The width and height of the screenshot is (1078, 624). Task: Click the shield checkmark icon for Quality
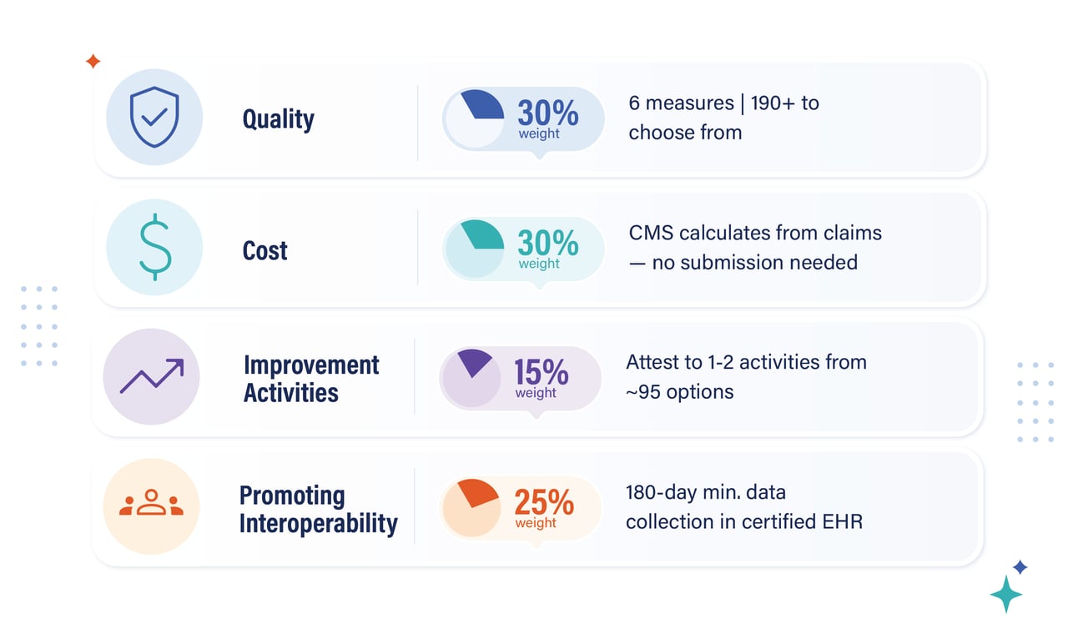point(154,117)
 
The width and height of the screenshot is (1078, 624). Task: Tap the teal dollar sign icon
point(155,247)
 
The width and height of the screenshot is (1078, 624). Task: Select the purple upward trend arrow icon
point(152,375)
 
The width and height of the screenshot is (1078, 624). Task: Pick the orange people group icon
point(151,502)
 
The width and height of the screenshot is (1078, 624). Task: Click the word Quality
point(278,118)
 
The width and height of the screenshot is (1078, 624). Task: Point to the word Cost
point(264,250)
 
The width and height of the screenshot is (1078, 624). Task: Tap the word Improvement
point(311,365)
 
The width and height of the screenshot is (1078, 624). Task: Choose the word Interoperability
point(319,523)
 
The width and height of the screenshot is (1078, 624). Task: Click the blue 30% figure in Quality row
point(547,113)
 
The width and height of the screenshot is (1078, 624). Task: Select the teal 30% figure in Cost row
point(547,243)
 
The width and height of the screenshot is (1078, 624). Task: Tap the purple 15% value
point(542,372)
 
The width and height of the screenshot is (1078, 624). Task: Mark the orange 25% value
point(544,502)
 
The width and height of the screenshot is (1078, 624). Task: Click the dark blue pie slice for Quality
point(484,104)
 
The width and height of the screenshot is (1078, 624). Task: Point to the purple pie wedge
point(475,361)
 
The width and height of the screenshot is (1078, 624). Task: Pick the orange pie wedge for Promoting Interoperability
point(477,492)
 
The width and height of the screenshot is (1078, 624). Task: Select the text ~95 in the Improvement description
point(643,392)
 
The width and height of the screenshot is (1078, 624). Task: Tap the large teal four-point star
point(1005,595)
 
